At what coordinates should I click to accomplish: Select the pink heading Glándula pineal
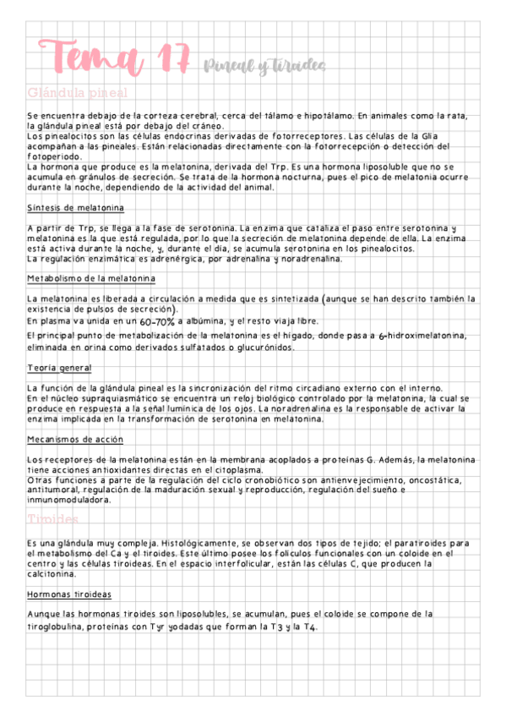click(78, 92)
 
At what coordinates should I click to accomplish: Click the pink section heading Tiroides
click(52, 518)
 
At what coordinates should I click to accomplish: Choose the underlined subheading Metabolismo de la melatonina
click(91, 278)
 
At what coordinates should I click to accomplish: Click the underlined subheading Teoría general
click(59, 368)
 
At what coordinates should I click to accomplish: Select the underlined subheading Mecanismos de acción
click(75, 440)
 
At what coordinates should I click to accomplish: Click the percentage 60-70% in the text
click(158, 322)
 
